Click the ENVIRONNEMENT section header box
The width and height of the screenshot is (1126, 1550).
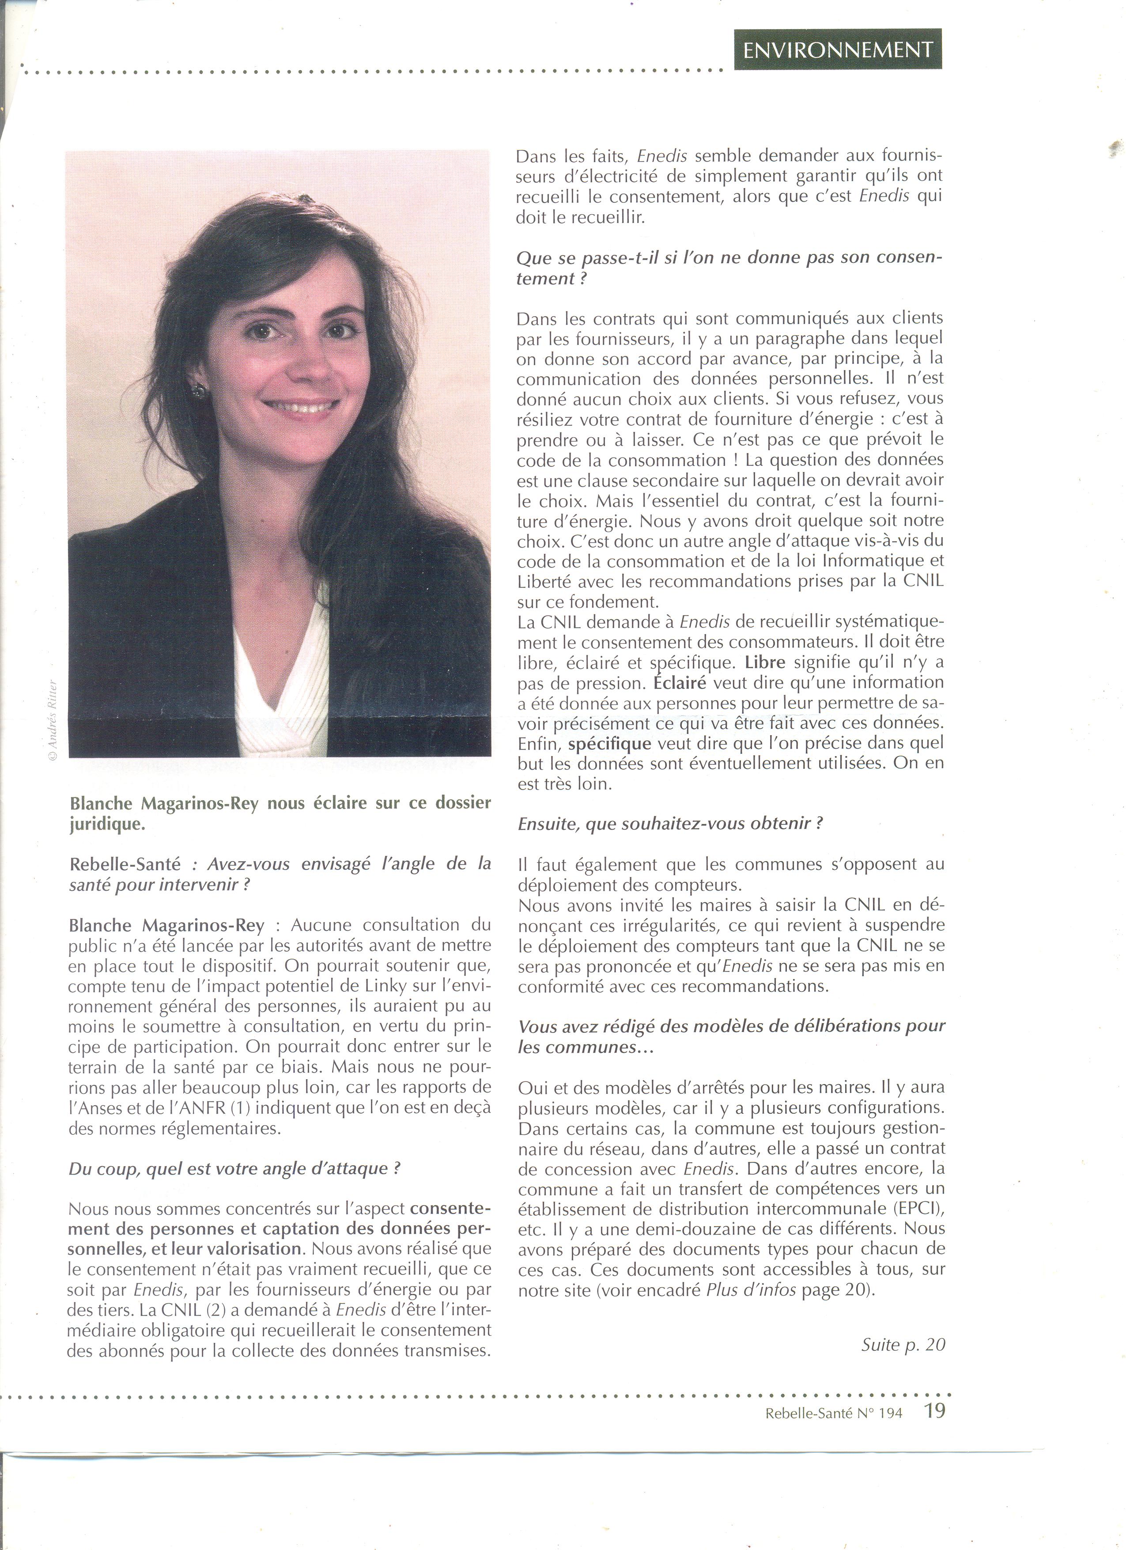click(x=838, y=49)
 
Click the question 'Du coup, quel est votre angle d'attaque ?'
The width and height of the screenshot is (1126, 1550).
click(x=234, y=1168)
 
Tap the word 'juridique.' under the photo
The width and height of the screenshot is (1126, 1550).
click(x=107, y=824)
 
